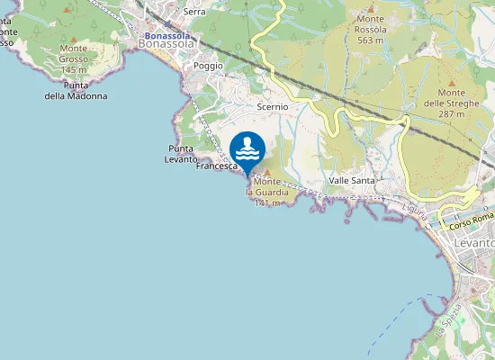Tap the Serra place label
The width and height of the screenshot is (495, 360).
(x=193, y=12)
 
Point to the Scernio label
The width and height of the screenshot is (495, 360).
(x=273, y=106)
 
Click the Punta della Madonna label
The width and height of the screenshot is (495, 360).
(x=76, y=91)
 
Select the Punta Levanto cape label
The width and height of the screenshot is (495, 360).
(x=182, y=154)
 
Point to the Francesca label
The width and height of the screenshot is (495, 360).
(x=216, y=166)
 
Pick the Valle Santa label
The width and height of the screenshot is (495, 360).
(x=352, y=181)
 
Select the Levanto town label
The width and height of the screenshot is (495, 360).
(x=474, y=243)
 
